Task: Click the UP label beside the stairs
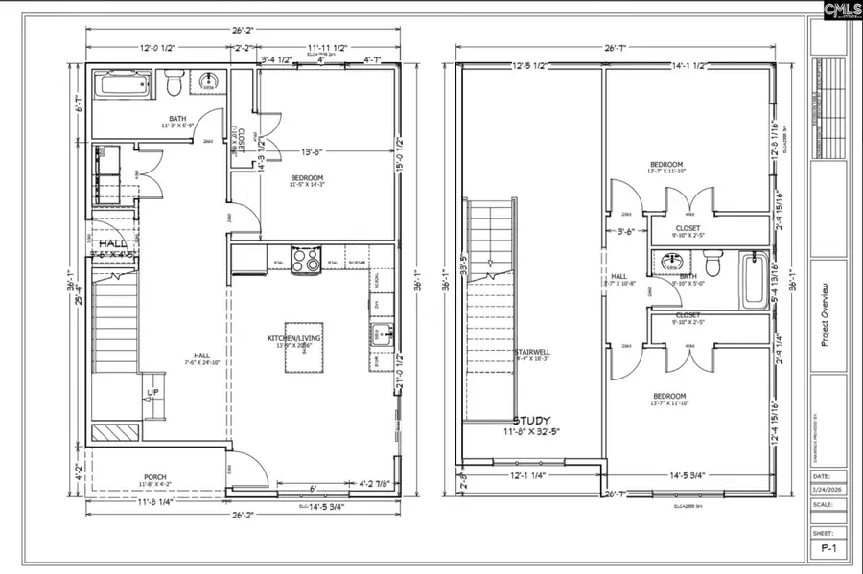[x=153, y=394]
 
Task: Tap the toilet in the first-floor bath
[x=174, y=84]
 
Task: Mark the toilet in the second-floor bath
[x=711, y=261]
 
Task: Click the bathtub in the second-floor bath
[x=755, y=279]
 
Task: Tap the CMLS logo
[x=829, y=11]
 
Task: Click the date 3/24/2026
[x=828, y=492]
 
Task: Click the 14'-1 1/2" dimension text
[x=688, y=66]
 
